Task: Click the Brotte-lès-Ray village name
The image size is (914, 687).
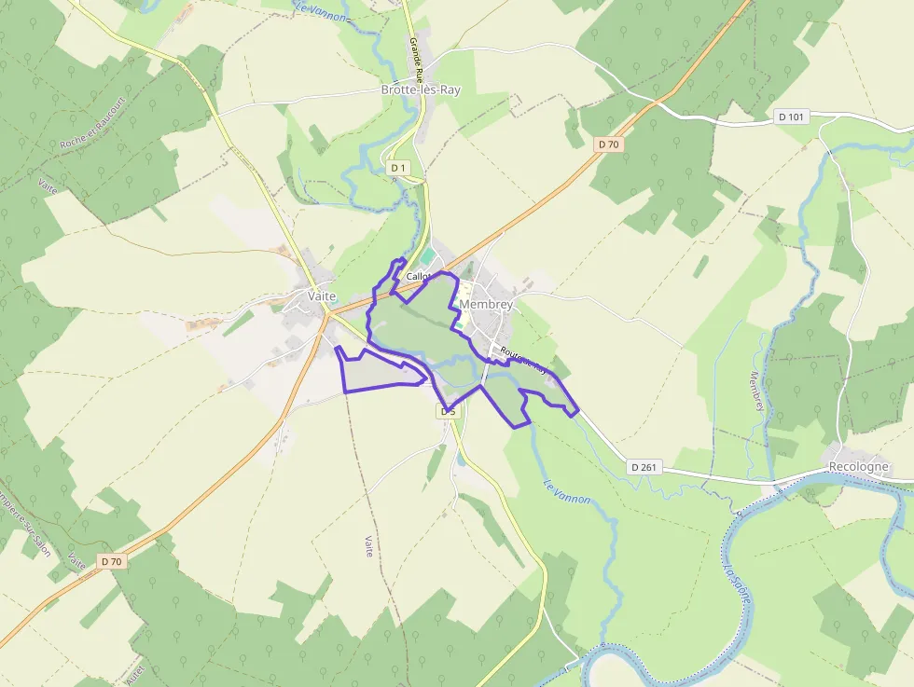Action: [421, 90]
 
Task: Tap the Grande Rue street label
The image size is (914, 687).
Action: [415, 57]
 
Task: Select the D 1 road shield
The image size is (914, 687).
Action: [399, 168]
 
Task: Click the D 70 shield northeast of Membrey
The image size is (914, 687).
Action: [608, 144]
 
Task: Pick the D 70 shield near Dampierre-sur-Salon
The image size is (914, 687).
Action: [112, 561]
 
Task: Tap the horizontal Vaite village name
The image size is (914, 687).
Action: [322, 295]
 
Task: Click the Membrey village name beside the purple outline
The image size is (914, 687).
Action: [486, 305]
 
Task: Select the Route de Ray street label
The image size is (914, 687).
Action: [522, 361]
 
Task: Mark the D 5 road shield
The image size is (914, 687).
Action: [449, 411]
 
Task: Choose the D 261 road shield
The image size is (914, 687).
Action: [644, 467]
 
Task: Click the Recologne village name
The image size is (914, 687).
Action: [859, 466]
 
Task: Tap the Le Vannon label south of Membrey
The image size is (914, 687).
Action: [566, 492]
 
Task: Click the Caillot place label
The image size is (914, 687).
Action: [419, 277]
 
